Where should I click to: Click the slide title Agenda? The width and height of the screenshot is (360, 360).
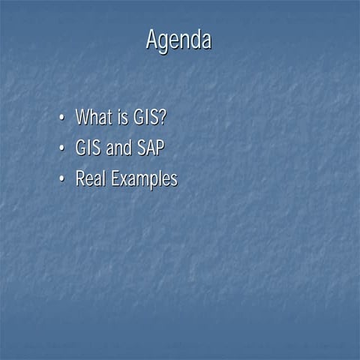coord(178,40)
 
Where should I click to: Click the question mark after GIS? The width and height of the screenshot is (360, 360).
coord(160,117)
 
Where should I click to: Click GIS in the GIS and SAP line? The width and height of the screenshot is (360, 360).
coord(88,148)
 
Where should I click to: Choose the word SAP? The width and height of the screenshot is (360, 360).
coord(150,148)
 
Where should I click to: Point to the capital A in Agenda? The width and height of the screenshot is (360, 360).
coord(152,40)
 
